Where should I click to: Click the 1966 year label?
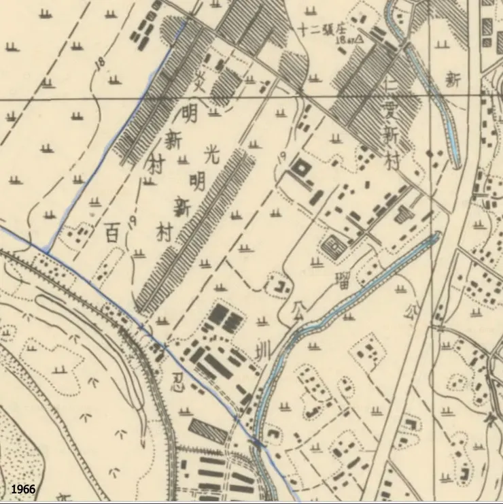(23, 489)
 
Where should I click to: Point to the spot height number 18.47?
(343, 40)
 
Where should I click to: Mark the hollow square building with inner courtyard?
(299, 167)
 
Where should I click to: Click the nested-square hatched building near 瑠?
(334, 247)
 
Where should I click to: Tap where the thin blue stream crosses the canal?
(256, 443)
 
